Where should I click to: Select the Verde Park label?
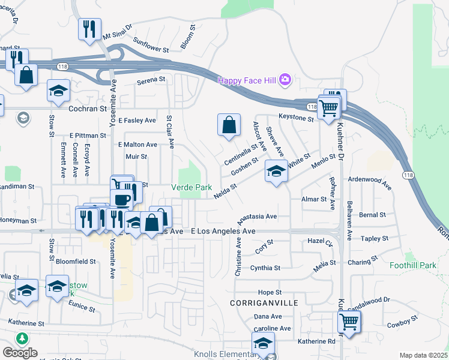pos(191,187)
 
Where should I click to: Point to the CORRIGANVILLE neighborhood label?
pos(264,303)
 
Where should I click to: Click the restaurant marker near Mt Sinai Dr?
pos(89,29)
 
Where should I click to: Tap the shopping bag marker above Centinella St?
pos(229,125)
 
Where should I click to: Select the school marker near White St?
pos(276,172)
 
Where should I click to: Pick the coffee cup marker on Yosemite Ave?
pos(121,199)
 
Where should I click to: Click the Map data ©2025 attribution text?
pos(423,355)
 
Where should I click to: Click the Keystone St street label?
pos(295,119)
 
